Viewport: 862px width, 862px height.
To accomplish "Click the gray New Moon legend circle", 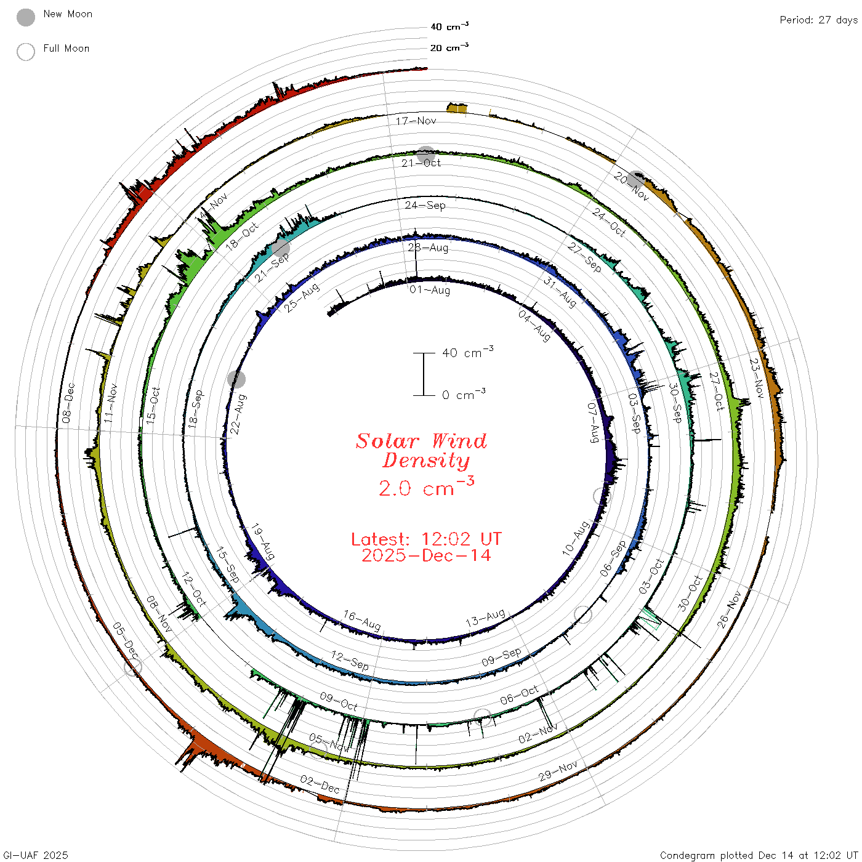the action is point(26,17).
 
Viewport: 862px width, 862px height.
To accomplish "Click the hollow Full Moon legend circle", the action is point(26,52).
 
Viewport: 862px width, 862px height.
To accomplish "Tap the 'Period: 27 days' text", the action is point(819,20).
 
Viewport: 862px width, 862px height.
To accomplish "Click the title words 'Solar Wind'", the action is point(421,441).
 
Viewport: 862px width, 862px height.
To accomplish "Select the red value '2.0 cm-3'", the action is point(426,487).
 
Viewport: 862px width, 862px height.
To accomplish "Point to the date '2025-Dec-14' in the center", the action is point(426,555).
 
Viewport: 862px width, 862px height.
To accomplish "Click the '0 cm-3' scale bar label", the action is point(464,394).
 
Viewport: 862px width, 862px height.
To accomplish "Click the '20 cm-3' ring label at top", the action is point(449,47).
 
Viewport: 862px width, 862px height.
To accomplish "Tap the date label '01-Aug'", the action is point(430,290).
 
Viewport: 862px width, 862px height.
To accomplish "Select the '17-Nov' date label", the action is point(416,121).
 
